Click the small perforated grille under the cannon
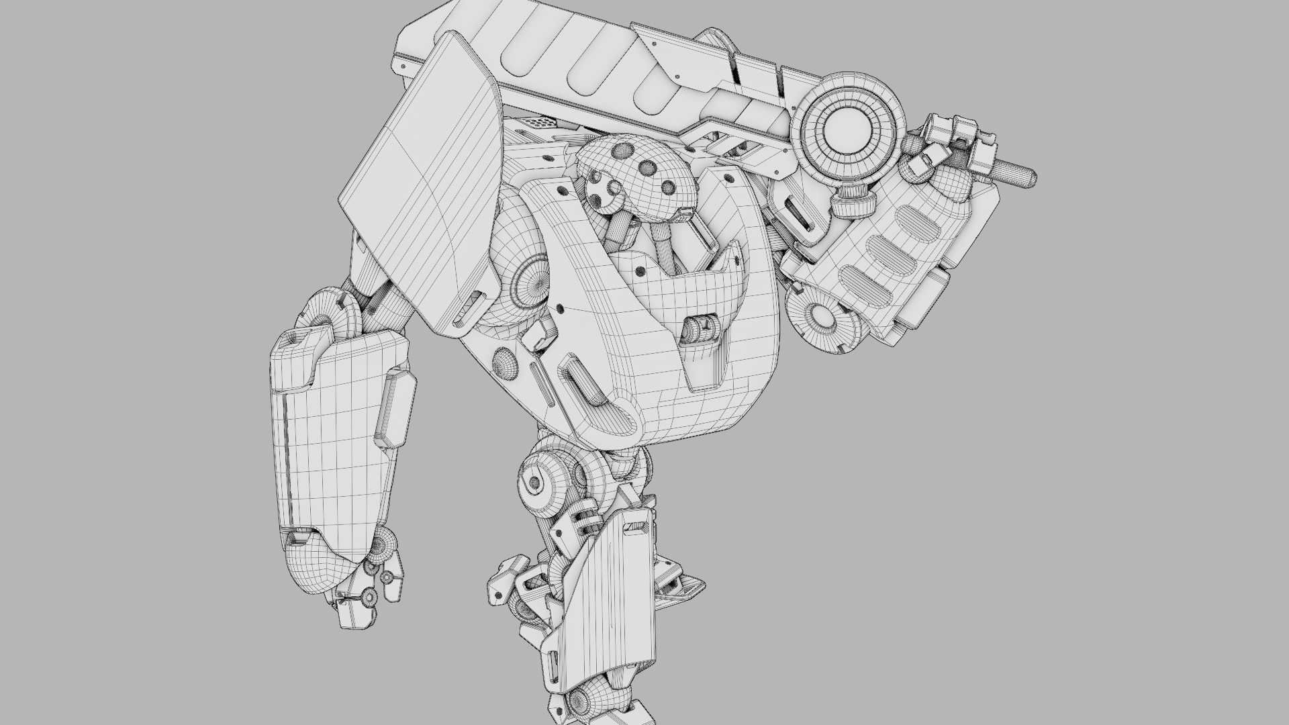coord(541,124)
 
